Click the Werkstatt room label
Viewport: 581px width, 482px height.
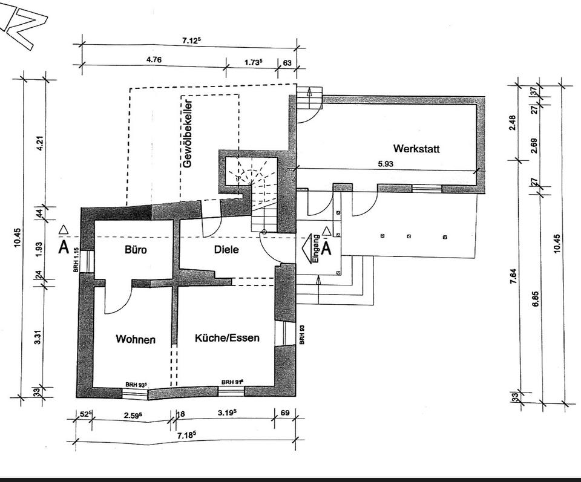[416, 148]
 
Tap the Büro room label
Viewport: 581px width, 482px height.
[137, 249]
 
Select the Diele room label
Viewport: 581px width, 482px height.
[226, 249]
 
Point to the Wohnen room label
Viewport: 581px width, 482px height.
[136, 339]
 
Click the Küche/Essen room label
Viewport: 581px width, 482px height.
[227, 338]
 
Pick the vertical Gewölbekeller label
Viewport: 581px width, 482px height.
[188, 139]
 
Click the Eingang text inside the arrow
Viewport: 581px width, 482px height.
[315, 249]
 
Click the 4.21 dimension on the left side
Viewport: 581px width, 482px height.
[41, 143]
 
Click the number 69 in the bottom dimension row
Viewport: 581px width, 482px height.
[284, 414]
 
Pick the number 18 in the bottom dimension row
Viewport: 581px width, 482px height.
[180, 414]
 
